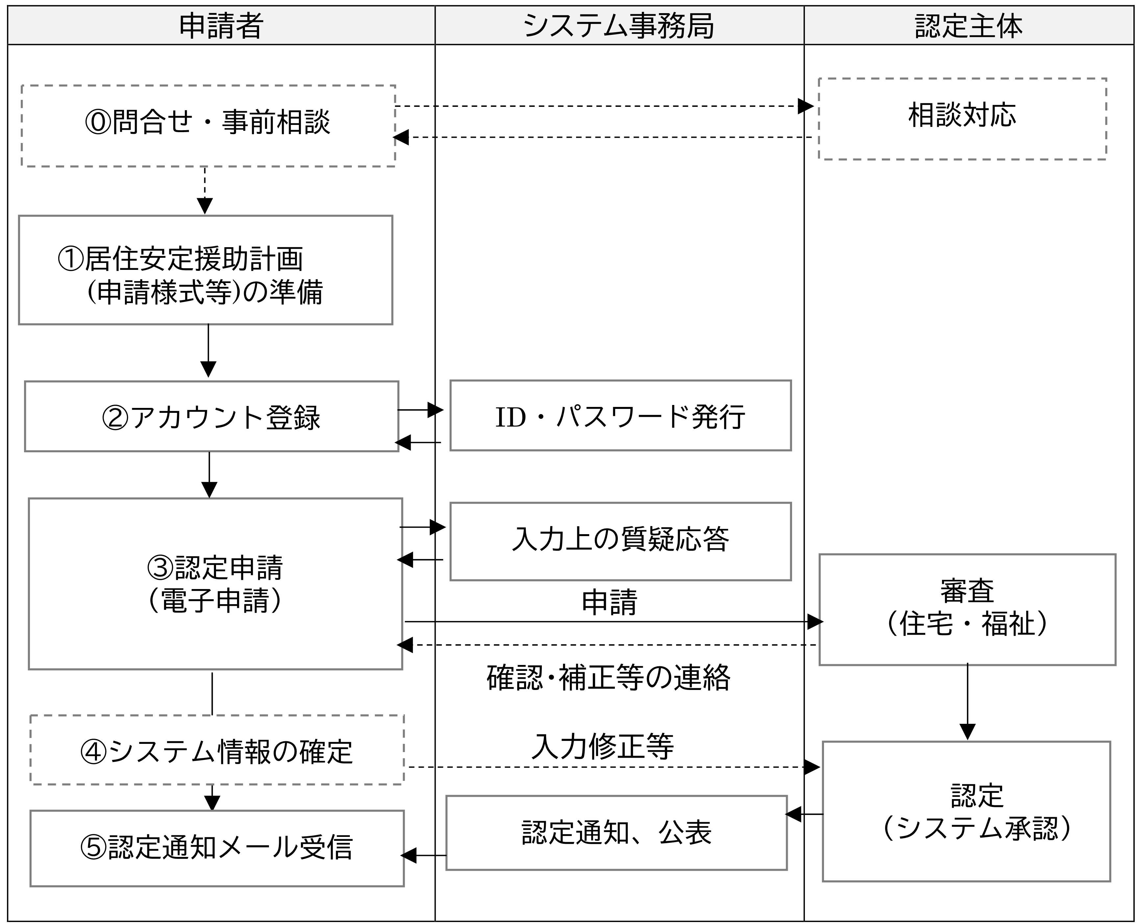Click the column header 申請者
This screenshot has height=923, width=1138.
pyautogui.click(x=221, y=26)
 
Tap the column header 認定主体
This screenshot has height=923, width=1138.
pyautogui.click(x=968, y=26)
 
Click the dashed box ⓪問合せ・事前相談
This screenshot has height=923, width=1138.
pyautogui.click(x=208, y=126)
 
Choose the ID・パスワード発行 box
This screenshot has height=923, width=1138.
pyautogui.click(x=620, y=415)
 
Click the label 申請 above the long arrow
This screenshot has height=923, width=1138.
pyautogui.click(x=609, y=603)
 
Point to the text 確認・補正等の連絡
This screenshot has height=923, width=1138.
pyautogui.click(x=608, y=678)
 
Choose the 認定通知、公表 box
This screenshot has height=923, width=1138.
pyautogui.click(x=616, y=833)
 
